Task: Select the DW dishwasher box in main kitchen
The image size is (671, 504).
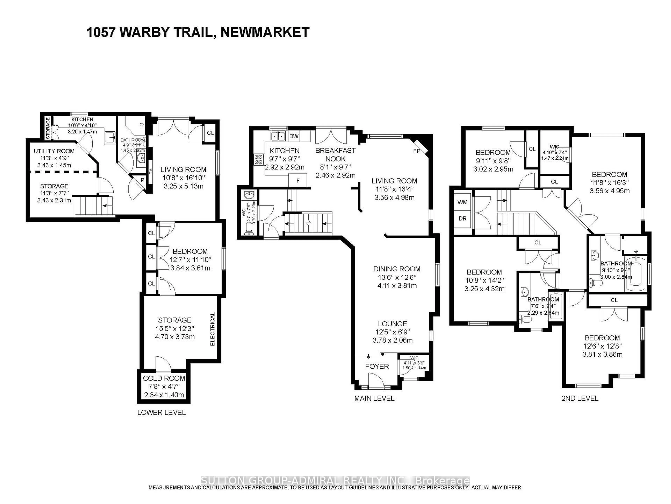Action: click(x=294, y=136)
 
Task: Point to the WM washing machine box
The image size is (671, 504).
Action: click(x=462, y=202)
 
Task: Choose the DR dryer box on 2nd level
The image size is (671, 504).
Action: click(x=462, y=218)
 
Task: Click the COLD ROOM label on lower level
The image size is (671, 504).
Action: click(x=164, y=378)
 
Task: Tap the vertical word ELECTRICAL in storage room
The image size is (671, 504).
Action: click(x=212, y=329)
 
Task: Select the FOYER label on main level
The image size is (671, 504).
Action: click(x=377, y=366)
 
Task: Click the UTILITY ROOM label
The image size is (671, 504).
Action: click(x=54, y=151)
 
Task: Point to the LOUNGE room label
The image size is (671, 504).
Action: click(x=392, y=324)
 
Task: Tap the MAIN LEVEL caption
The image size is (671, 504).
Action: click(x=374, y=398)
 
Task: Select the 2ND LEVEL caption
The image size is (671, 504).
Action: click(x=580, y=398)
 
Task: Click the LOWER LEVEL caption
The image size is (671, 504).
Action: click(x=161, y=412)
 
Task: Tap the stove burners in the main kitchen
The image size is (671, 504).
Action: click(x=259, y=159)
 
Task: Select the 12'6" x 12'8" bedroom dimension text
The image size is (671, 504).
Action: click(x=602, y=346)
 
